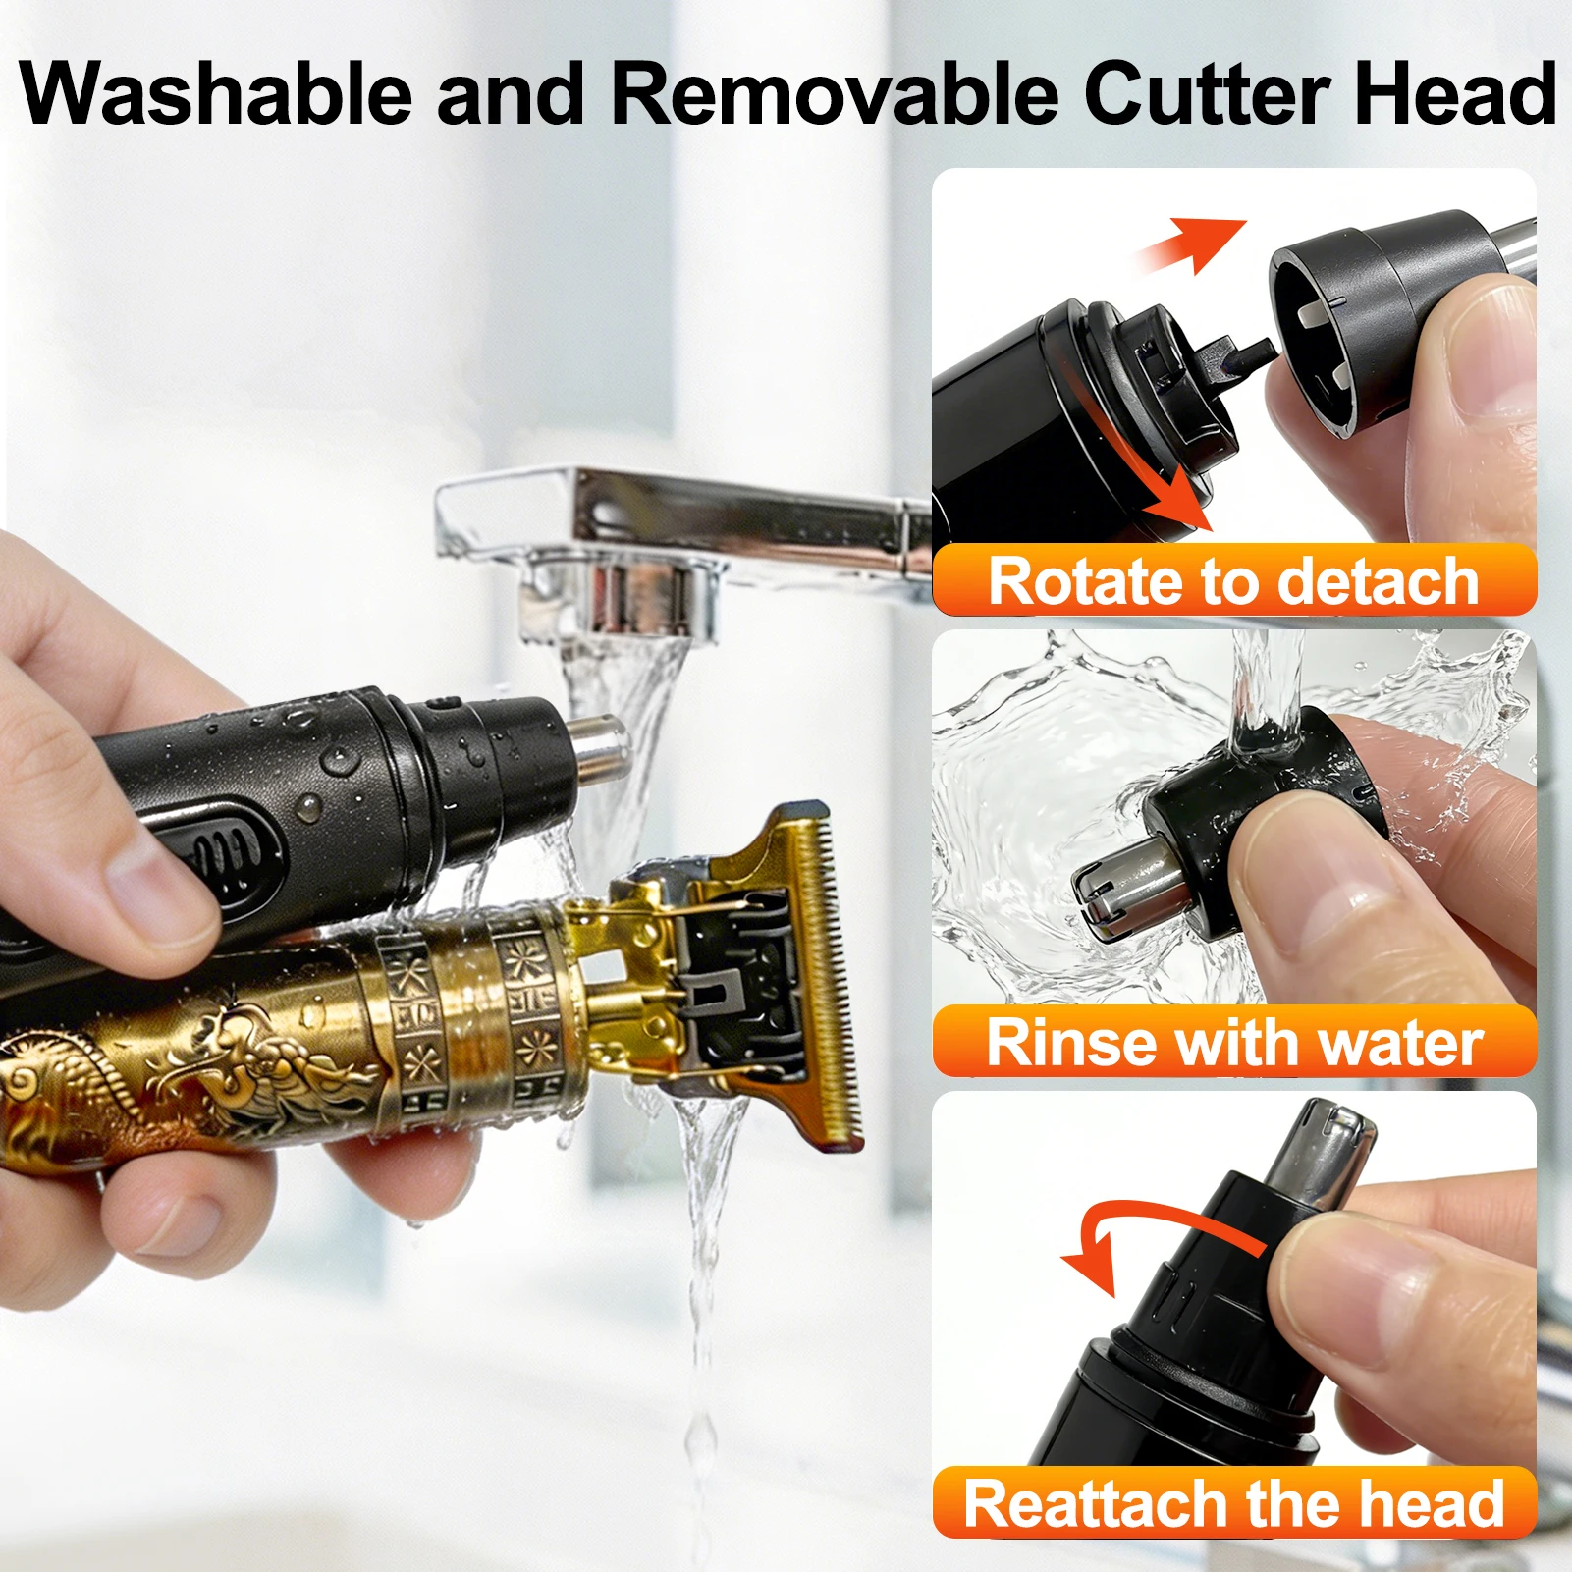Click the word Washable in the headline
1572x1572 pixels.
click(x=216, y=94)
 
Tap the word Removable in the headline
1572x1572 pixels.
click(x=836, y=94)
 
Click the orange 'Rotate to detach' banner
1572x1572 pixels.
click(x=1234, y=580)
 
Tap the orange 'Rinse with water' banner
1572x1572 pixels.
click(x=1234, y=1042)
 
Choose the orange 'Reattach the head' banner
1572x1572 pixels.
click(x=1234, y=1502)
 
